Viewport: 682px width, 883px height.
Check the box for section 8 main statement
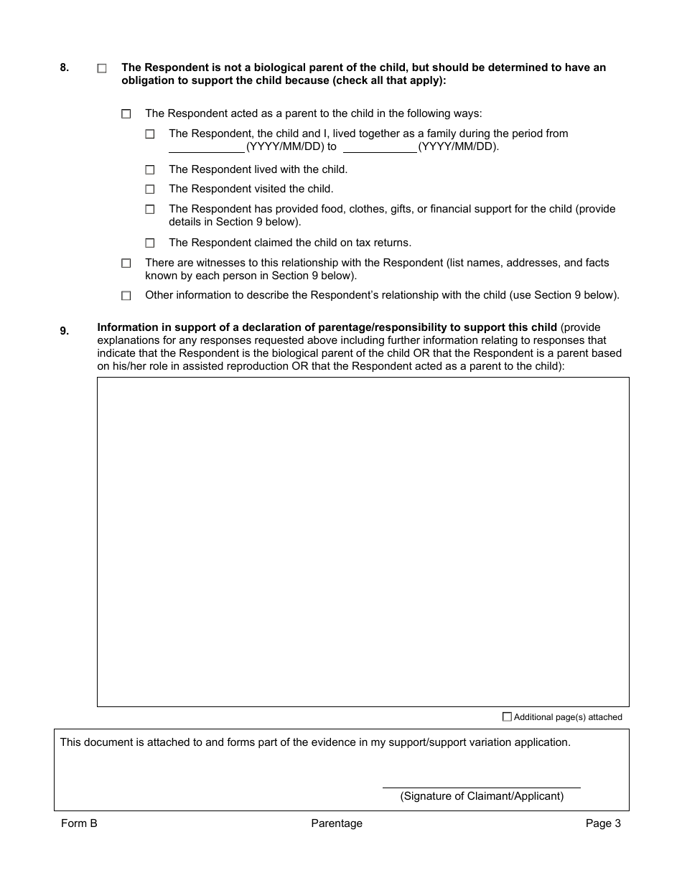pos(102,69)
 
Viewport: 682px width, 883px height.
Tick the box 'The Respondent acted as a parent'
pos(126,114)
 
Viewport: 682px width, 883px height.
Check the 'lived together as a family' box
pos(150,134)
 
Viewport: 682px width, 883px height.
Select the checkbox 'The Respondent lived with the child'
pos(150,170)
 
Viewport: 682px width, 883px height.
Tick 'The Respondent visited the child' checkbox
pos(150,190)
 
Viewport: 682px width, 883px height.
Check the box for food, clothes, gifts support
pos(150,210)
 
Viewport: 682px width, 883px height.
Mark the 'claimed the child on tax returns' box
pos(150,243)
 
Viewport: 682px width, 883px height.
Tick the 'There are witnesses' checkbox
pos(126,263)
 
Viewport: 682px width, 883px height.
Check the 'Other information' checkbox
pos(126,296)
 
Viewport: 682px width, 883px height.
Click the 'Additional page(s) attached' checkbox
pos(508,716)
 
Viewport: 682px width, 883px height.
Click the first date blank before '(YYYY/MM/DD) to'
pos(207,147)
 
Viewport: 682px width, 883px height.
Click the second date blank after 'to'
pos(380,147)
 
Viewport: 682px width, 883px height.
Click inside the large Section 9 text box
pos(363,542)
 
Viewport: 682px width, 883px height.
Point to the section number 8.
pos(65,68)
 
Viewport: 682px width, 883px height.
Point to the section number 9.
pos(65,331)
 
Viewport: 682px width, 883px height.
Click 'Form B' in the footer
pos(79,823)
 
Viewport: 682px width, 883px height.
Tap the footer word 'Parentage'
pos(337,823)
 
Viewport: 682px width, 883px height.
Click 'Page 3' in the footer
pos(603,823)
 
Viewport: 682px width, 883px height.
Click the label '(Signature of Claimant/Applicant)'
pos(482,796)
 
